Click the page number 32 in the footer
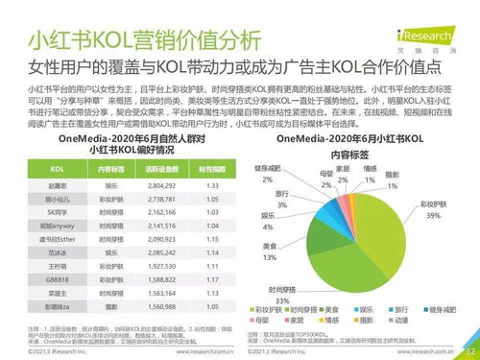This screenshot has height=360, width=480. tap(468, 350)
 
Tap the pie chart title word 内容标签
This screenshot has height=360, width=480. tap(357, 154)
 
